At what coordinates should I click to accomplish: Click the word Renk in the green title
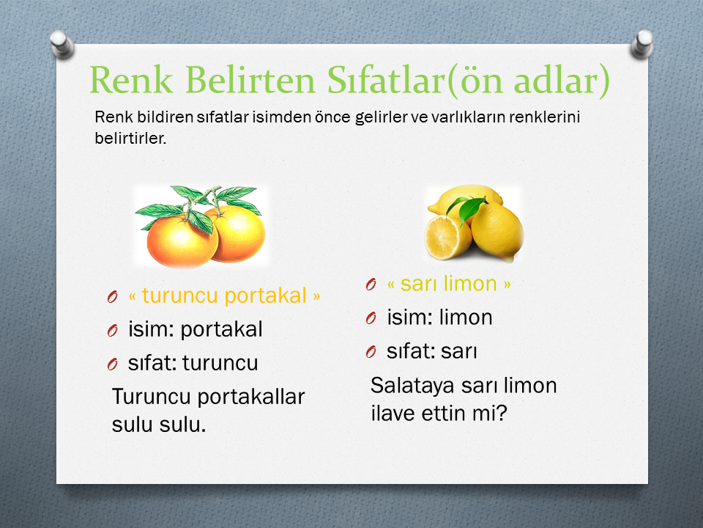(131, 80)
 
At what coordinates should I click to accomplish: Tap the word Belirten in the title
(250, 79)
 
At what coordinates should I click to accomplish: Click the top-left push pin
(62, 45)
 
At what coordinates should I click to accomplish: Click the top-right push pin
(642, 45)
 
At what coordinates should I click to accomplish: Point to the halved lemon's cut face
(441, 237)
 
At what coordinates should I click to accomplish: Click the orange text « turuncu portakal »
(224, 296)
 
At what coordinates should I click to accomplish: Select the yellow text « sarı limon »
(449, 284)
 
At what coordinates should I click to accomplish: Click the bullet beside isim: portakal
(113, 331)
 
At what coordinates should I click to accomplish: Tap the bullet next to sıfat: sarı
(371, 352)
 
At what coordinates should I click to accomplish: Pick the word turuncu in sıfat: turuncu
(220, 363)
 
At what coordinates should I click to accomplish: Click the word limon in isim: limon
(466, 318)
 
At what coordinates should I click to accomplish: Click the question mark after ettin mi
(501, 413)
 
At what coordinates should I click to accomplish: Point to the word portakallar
(251, 397)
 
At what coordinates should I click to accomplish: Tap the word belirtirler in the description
(130, 139)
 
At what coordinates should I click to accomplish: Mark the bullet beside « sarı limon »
(371, 285)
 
